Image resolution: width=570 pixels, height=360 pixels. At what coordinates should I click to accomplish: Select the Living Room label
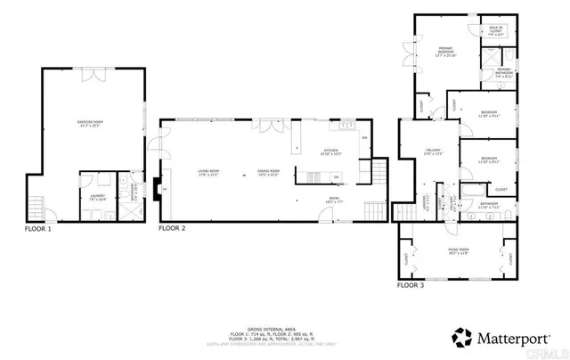208,173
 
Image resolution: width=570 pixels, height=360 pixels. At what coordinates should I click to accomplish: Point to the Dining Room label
268,173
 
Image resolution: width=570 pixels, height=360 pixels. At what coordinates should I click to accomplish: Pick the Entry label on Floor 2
333,200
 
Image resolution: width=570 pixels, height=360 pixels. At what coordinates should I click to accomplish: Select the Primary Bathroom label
504,72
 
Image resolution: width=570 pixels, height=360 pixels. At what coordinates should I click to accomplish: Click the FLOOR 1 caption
38,229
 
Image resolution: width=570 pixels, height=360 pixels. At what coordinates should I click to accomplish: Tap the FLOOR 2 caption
172,229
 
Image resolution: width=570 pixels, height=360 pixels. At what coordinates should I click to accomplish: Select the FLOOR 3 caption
411,285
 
